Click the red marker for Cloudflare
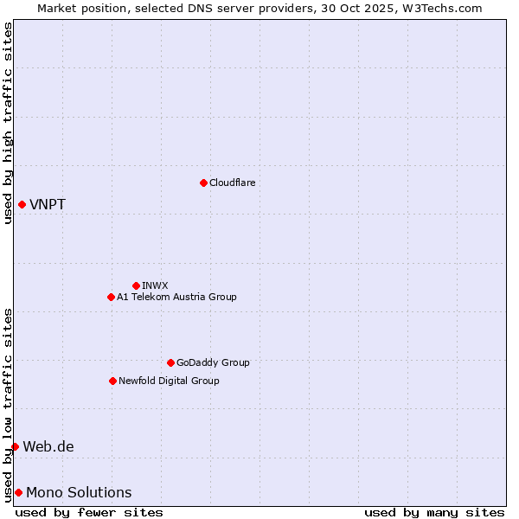[x=203, y=183]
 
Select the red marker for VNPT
[x=22, y=204]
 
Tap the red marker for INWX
[x=136, y=285]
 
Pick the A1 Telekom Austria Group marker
[x=111, y=297]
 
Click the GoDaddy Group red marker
[x=170, y=362]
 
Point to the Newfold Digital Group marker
[x=112, y=381]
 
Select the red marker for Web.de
[x=15, y=446]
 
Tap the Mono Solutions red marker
[x=18, y=492]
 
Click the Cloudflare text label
[x=232, y=183]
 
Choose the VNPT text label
[x=48, y=205]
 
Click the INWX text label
[x=155, y=285]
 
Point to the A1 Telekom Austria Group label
[x=176, y=297]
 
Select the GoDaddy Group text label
[x=213, y=362]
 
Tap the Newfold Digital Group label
[x=169, y=381]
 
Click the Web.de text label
[x=48, y=447]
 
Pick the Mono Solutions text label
[x=79, y=493]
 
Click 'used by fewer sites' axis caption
[x=89, y=512]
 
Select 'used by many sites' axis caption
[x=434, y=512]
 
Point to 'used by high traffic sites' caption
[x=8, y=123]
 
